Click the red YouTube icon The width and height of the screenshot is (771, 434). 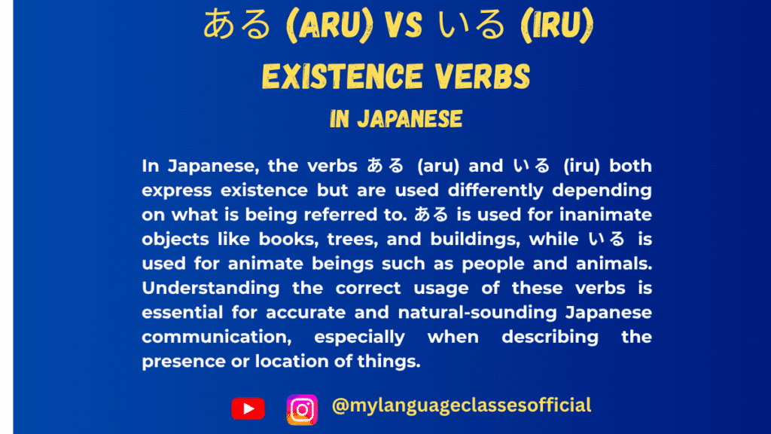248,408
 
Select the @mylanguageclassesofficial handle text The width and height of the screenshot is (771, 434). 461,405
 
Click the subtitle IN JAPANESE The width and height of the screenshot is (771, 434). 395,120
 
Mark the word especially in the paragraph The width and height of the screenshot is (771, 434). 360,336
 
